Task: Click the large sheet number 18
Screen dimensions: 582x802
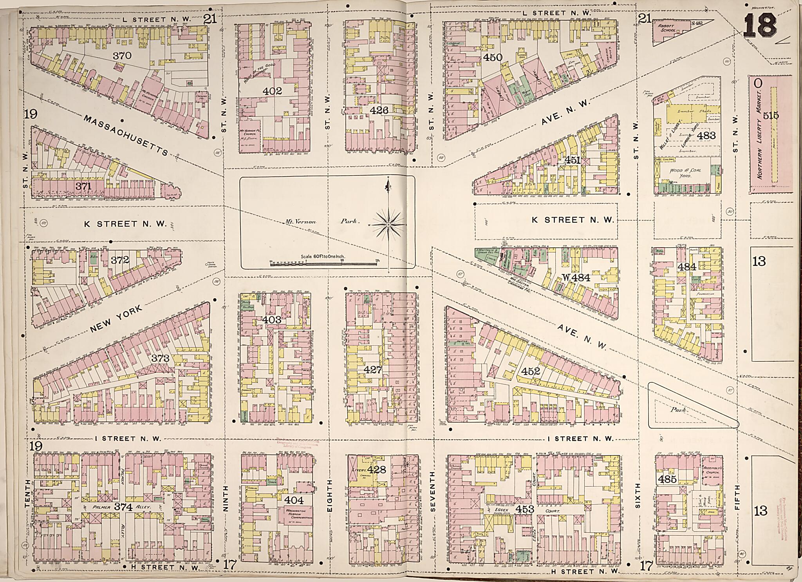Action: click(760, 25)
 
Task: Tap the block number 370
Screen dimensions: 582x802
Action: click(122, 56)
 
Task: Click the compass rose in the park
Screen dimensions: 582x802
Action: click(388, 225)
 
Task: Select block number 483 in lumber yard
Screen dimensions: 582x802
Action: click(706, 136)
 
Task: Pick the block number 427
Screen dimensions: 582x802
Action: click(372, 369)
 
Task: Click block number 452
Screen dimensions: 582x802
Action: click(531, 370)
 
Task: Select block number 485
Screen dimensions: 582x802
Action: click(667, 479)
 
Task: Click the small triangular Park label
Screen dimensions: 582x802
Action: click(679, 410)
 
